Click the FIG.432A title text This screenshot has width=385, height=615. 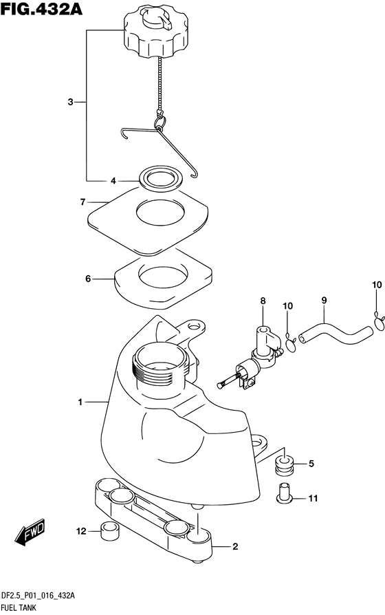pos(42,9)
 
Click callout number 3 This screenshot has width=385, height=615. pos(70,102)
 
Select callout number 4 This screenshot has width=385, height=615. pos(113,181)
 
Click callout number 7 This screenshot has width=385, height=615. pos(82,202)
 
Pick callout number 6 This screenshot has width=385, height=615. pos(88,279)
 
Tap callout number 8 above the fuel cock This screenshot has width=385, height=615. pos(263,301)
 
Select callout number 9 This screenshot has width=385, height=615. pos(324,301)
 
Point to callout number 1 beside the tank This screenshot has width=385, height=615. pos(80,402)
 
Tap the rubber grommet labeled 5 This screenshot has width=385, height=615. pos(285,465)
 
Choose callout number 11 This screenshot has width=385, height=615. pos(313,498)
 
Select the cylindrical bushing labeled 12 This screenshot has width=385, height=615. pos(110,531)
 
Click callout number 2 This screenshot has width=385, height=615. pos(235,546)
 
